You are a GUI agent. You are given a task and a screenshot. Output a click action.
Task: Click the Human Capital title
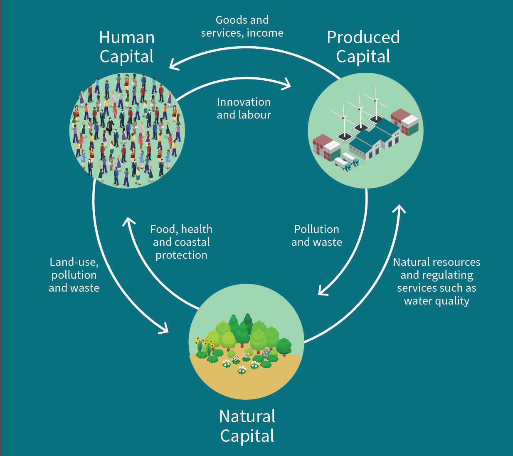127,47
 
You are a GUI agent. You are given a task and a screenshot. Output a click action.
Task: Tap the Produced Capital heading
363,47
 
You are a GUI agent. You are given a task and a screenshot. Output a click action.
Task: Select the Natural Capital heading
247,426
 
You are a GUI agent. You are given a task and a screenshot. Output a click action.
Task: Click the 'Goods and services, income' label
242,26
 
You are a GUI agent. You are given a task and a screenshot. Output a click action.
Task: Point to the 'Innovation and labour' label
244,108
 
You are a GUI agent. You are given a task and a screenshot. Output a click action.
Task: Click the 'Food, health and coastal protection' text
181,242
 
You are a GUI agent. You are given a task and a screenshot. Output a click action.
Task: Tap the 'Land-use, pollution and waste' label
74,275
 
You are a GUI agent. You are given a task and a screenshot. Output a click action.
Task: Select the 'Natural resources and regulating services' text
437,275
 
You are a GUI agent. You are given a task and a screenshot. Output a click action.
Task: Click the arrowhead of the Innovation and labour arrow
287,84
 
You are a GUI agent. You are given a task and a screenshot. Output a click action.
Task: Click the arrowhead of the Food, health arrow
128,221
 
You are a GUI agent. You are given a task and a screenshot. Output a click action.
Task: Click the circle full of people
127,131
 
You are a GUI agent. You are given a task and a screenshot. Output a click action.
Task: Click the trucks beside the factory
347,161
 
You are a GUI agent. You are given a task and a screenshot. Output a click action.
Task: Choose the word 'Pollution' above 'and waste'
316,229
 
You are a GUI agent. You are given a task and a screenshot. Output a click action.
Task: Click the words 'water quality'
437,301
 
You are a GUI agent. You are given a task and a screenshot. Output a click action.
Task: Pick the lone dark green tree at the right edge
284,347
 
